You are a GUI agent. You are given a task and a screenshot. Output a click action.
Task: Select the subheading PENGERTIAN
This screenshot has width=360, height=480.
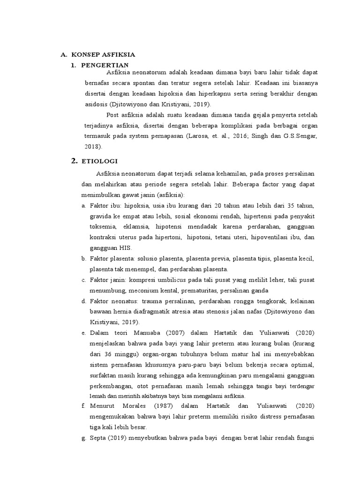pos(105,65)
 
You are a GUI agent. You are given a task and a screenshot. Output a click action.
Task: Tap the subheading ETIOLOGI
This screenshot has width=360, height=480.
pos(100,161)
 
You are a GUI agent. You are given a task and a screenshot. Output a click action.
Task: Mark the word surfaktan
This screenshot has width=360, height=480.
pos(104,375)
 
